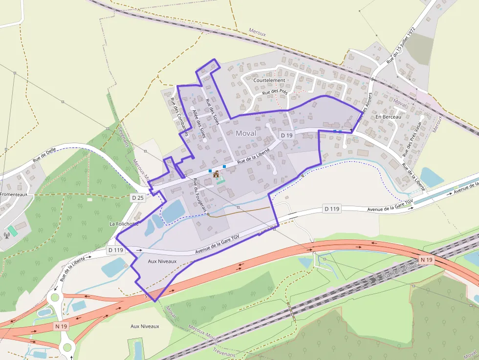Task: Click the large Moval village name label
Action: [x=245, y=133]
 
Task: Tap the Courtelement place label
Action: [x=269, y=80]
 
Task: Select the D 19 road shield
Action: [x=286, y=135]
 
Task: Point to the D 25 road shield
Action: [x=138, y=198]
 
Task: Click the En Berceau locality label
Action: [x=388, y=117]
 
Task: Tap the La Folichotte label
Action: [x=124, y=224]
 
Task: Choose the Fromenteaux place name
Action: [x=14, y=194]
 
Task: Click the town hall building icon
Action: [x=216, y=174]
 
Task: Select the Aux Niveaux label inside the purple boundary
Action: [x=161, y=262]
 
